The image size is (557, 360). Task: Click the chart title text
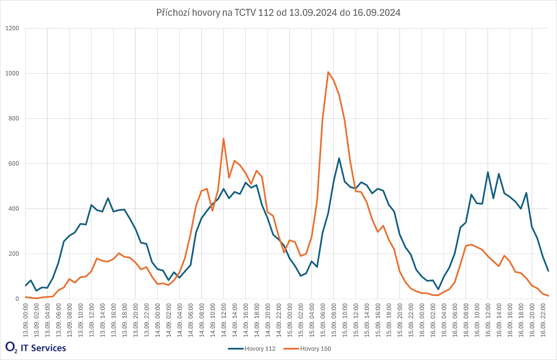click(278, 13)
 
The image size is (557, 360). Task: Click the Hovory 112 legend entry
click(260, 349)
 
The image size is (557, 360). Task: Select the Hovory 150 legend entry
click(315, 349)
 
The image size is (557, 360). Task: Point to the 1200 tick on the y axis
click(12, 29)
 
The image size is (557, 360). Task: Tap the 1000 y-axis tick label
click(12, 73)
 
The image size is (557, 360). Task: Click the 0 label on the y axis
click(17, 299)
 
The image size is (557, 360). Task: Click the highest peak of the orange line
click(328, 72)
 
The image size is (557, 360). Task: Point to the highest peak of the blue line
click(339, 158)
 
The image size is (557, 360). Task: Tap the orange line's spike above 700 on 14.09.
click(223, 138)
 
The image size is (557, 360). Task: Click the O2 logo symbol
click(11, 347)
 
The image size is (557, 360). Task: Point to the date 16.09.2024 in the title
click(376, 13)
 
